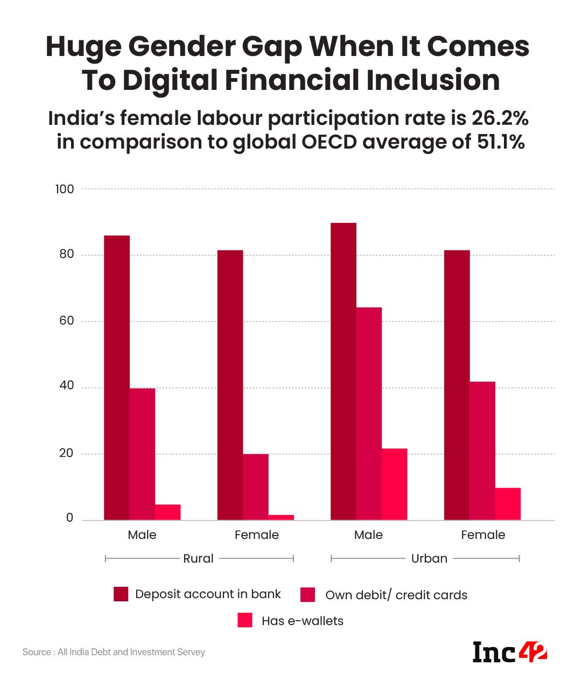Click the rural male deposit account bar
coord(117,377)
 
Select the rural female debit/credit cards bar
coord(255,487)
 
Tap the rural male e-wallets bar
coord(167,512)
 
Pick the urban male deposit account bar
coord(343,371)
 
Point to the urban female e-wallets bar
coord(508,504)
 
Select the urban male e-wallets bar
coord(394,484)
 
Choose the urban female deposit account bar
coord(457,385)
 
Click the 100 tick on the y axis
coord(65,189)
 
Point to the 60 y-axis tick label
coord(66,321)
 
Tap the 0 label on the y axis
coord(69,518)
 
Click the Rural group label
coord(198,559)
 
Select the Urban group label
coord(429,559)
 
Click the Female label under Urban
coord(483,535)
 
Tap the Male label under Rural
coord(142,535)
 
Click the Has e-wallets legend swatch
coord(245,620)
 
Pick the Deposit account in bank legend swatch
coord(121,594)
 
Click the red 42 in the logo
coord(533,652)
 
